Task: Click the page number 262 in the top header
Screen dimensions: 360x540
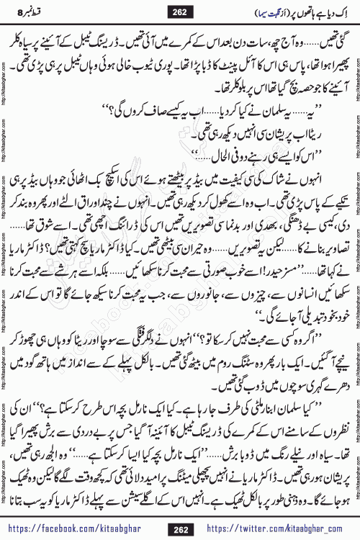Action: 179,12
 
